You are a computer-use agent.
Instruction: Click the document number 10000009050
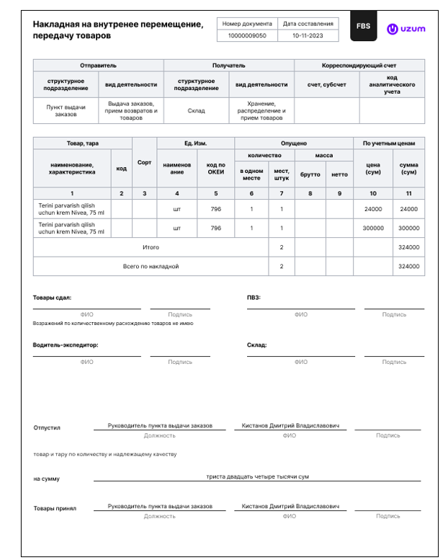point(246,35)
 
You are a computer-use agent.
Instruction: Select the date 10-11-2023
point(308,35)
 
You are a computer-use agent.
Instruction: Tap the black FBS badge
point(363,27)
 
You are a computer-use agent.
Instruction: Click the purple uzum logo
point(406,29)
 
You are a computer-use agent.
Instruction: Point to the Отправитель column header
point(98,66)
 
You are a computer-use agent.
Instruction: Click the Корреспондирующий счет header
point(359,66)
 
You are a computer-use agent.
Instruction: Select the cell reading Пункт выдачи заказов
point(66,110)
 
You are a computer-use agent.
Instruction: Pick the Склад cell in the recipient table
point(196,111)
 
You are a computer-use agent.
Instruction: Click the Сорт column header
point(144,162)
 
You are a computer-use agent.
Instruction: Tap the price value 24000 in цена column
point(372,209)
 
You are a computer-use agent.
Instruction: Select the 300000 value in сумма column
point(408,228)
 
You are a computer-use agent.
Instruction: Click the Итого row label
point(151,247)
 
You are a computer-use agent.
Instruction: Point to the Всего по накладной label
point(151,266)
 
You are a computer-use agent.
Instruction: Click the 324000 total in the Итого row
point(408,247)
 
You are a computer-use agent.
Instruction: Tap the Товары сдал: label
point(52,297)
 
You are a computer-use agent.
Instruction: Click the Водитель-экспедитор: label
point(65,345)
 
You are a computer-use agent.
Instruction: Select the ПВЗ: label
point(254,297)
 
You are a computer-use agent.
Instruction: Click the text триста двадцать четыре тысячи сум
point(257,476)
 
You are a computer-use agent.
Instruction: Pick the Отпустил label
point(47,427)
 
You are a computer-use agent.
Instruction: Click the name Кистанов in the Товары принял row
point(256,507)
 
